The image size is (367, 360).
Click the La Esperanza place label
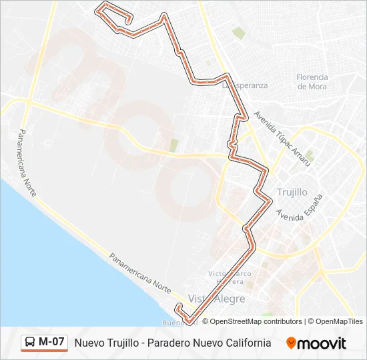246,85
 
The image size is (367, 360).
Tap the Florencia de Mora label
312,81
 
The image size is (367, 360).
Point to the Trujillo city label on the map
292,192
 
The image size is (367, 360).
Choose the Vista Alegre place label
217,299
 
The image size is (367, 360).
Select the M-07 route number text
51,342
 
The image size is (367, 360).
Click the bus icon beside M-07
31,343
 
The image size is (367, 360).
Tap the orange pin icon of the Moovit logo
291,343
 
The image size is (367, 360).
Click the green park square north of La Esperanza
238,32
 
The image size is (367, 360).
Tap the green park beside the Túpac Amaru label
310,155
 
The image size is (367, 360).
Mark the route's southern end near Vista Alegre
178,307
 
